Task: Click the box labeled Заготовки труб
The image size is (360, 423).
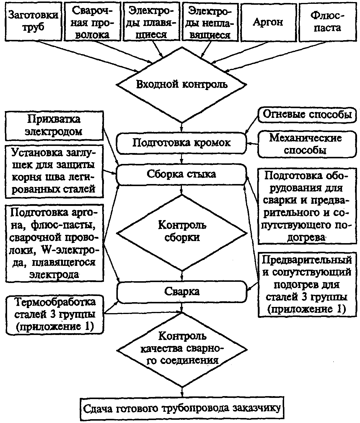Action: click(33, 22)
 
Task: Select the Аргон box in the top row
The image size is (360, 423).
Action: click(268, 22)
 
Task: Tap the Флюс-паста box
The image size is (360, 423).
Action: click(328, 22)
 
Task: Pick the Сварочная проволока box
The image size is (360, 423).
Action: click(92, 22)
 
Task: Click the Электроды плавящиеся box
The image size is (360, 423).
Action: click(152, 22)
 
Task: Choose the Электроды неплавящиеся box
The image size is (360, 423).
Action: click(210, 22)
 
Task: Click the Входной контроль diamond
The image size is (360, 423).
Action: click(181, 85)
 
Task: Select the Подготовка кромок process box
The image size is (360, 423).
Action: click(181, 143)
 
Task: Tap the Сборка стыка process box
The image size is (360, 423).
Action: click(181, 174)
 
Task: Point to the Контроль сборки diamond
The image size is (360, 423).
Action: click(182, 233)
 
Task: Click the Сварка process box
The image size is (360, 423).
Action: click(182, 292)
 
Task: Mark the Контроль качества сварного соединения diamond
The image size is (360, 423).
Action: click(182, 349)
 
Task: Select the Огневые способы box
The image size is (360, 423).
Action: click(307, 115)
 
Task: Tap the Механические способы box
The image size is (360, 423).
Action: click(307, 144)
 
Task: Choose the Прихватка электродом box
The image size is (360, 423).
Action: click(54, 126)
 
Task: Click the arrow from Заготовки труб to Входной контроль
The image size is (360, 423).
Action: click(88, 56)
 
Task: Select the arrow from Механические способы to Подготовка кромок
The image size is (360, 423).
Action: click(252, 144)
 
